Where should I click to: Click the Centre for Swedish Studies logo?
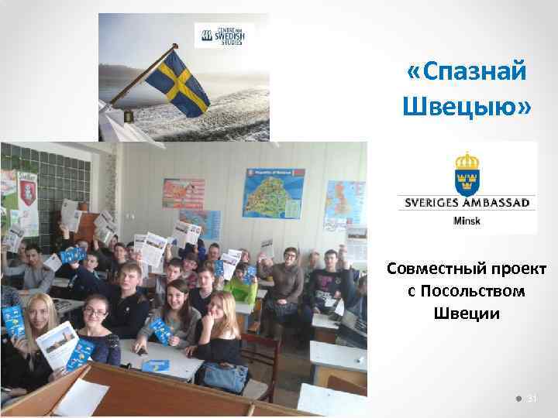point(223,35)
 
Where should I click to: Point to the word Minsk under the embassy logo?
point(467,221)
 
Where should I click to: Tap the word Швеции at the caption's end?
point(467,314)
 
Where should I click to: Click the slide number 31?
point(532,399)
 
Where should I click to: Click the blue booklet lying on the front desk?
point(155,365)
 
